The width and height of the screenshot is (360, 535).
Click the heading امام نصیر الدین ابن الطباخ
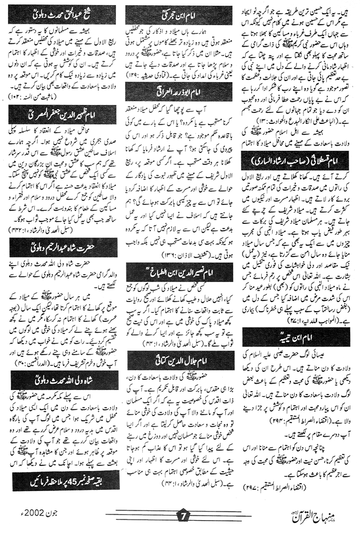point(179,269)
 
